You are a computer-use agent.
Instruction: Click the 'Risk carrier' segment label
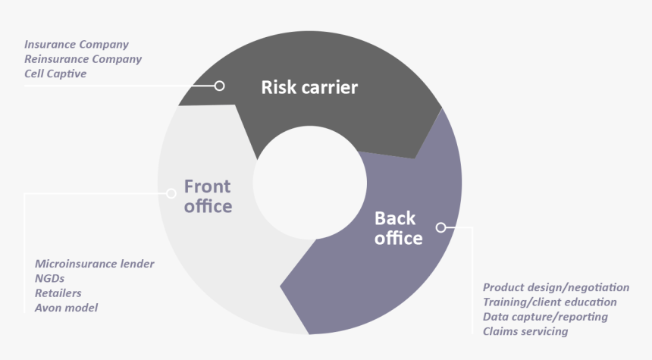[x=309, y=87]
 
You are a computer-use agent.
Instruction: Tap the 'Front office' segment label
[x=208, y=196]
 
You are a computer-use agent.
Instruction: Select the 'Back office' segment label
[x=398, y=228]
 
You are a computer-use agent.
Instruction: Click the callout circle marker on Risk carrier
[x=220, y=86]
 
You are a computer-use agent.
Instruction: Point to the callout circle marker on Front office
[x=171, y=193]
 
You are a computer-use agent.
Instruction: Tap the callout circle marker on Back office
[x=441, y=227]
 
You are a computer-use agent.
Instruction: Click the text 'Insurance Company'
[x=77, y=45]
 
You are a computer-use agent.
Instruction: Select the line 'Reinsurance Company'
[x=83, y=59]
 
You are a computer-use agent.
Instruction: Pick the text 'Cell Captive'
[x=55, y=74]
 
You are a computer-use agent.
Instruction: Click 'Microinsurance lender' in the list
[x=95, y=264]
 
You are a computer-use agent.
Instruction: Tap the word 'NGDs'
[x=49, y=278]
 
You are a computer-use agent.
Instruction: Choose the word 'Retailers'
[x=58, y=293]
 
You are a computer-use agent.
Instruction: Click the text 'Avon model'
[x=67, y=308]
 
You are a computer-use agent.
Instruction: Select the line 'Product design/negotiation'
[x=556, y=288]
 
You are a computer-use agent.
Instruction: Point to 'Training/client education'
[x=550, y=302]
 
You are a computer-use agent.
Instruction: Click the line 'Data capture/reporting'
[x=545, y=317]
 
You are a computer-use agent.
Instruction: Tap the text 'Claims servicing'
[x=525, y=331]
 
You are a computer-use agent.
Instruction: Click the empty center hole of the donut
[x=310, y=183]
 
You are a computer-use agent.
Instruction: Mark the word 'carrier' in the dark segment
[x=330, y=87]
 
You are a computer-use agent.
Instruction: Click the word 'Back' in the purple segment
[x=395, y=219]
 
